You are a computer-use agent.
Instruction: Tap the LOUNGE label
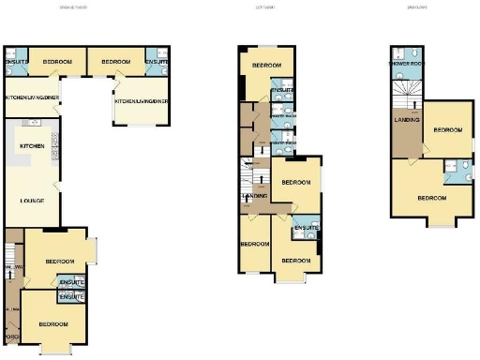coord(33,201)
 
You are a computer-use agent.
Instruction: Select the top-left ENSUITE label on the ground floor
coord(16,62)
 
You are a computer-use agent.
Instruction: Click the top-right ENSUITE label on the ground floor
coord(157,62)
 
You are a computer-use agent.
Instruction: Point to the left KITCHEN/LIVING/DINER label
coord(31,98)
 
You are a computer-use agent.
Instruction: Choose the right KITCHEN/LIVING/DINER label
coord(142,101)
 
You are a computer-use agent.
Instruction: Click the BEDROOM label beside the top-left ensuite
coord(57,62)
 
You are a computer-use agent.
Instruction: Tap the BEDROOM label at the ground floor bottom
coord(54,324)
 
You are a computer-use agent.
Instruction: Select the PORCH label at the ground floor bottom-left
coord(11,337)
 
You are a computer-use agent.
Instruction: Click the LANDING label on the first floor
coord(254,196)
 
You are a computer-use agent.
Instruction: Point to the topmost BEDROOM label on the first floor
coord(265,64)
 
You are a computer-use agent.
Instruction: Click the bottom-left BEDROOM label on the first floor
coord(254,244)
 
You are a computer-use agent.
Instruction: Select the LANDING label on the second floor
coord(407,120)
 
